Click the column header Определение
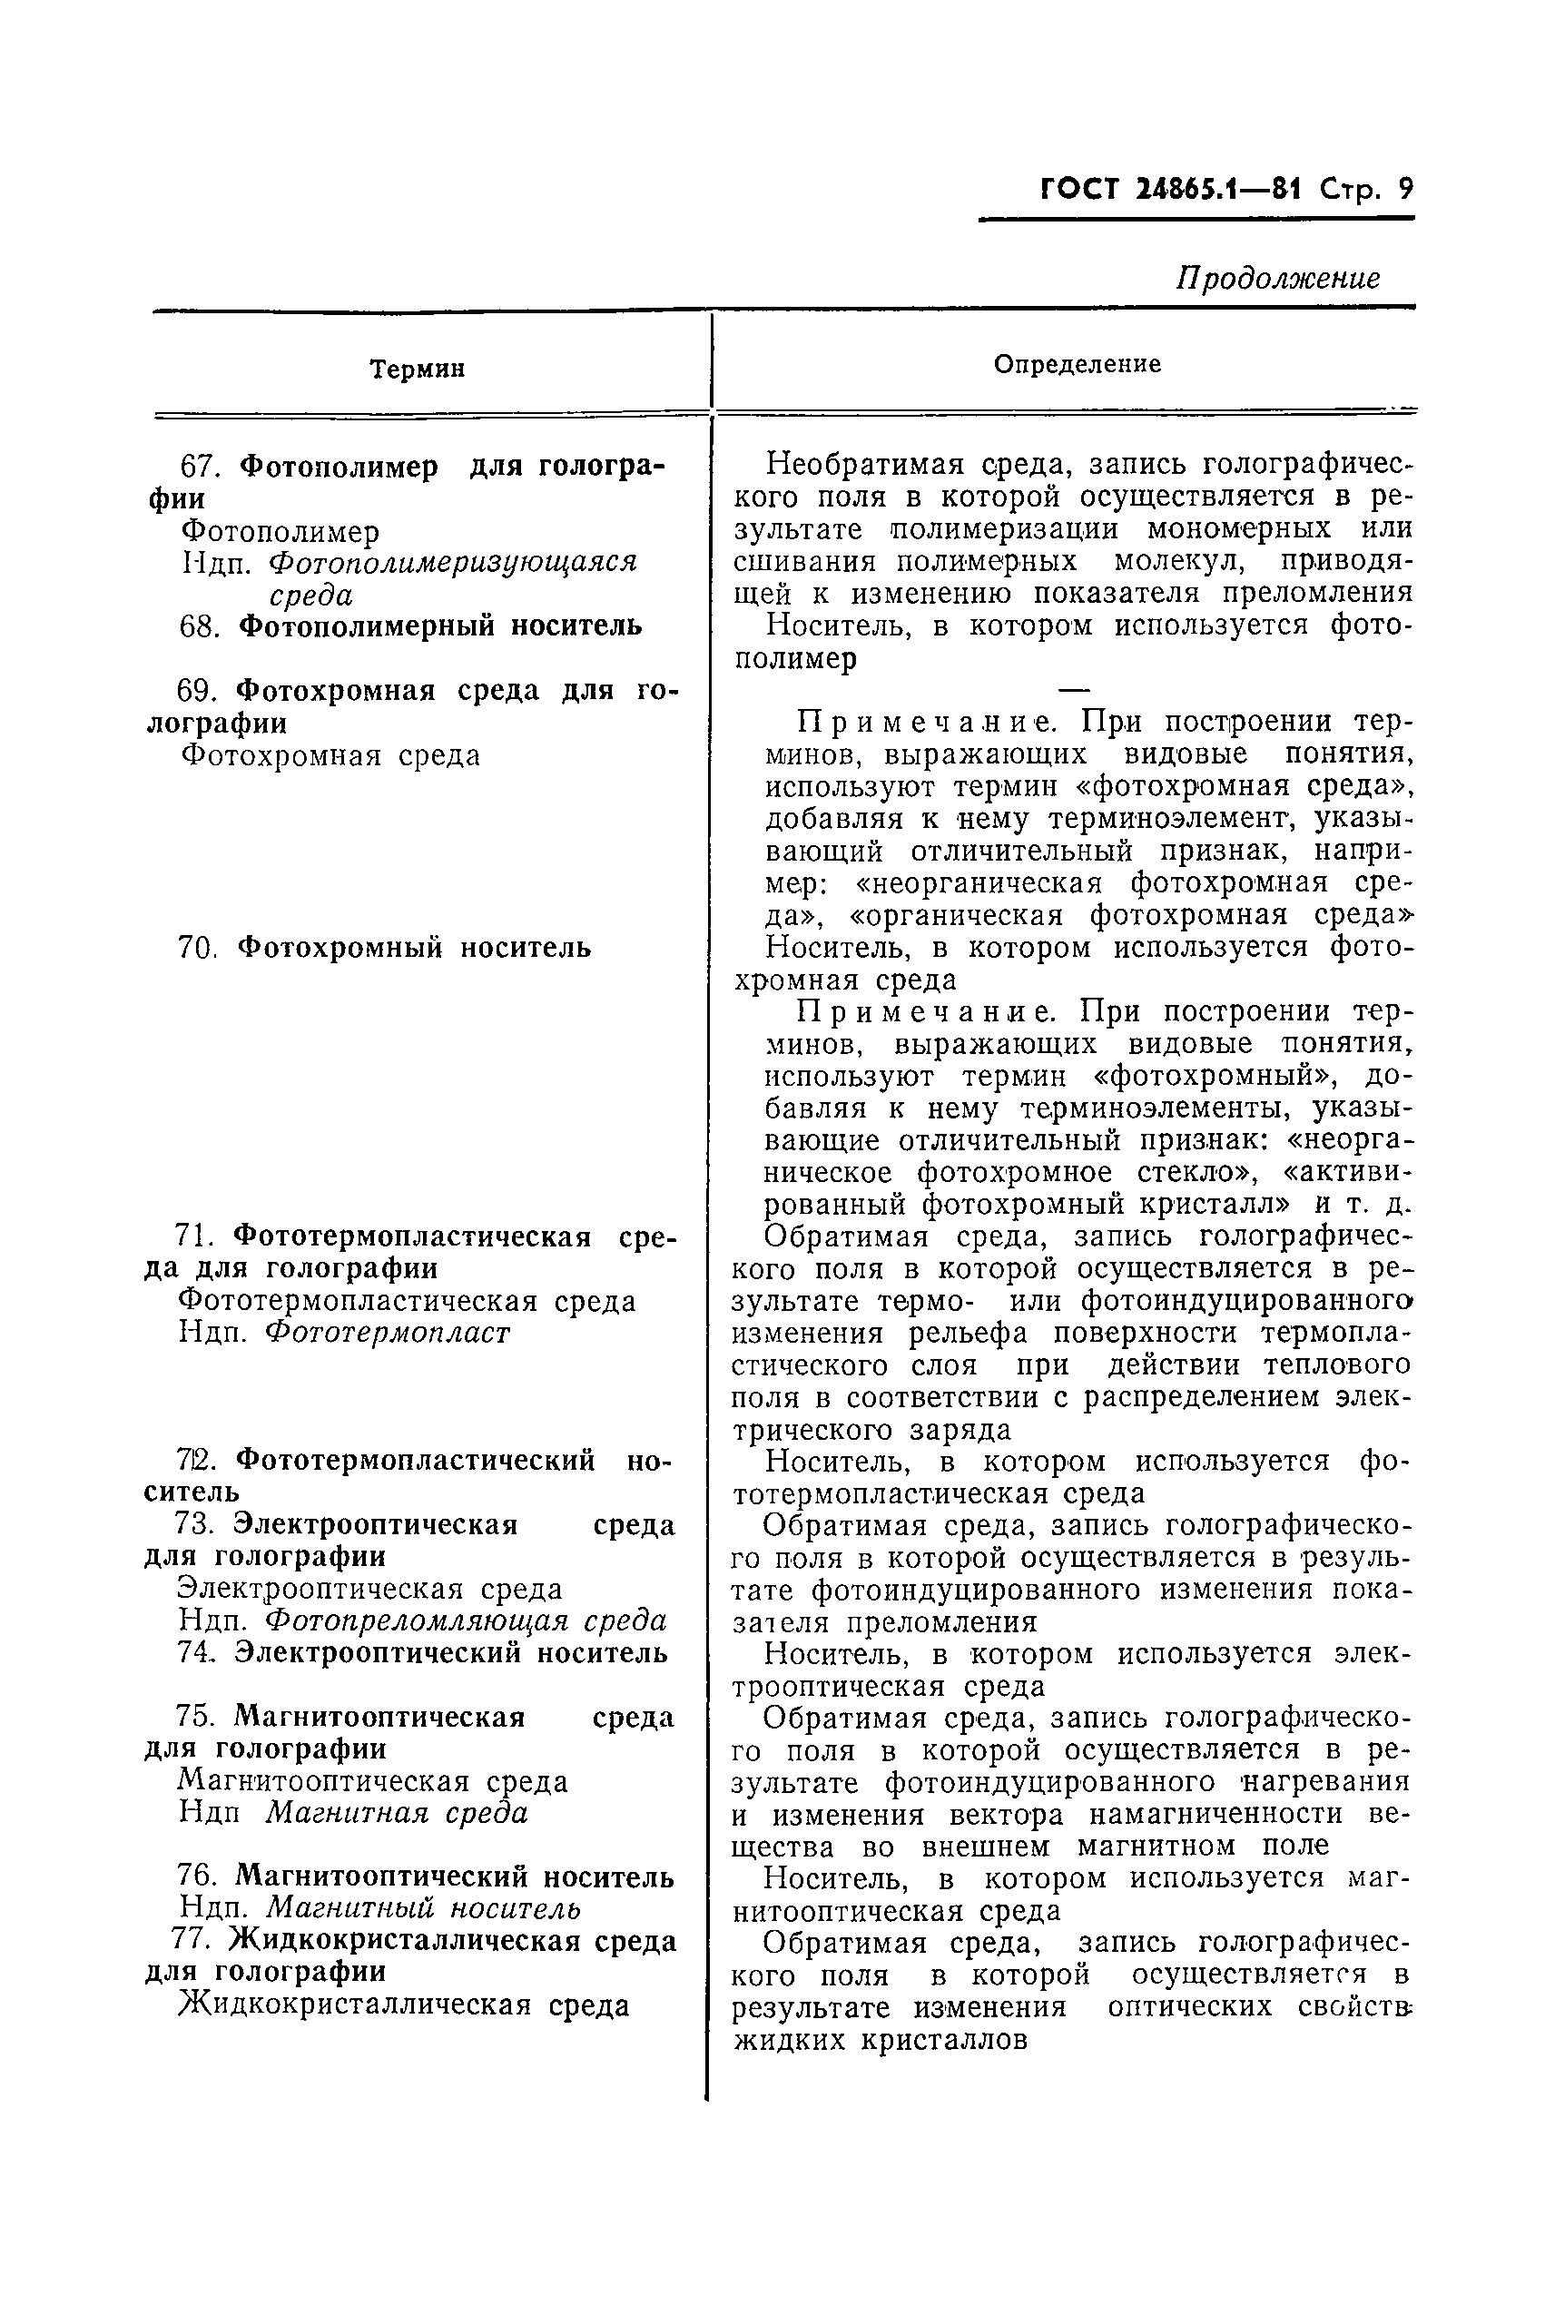point(1077,364)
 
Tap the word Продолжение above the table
point(1277,279)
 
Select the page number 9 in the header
point(1404,189)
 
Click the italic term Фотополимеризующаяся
point(453,562)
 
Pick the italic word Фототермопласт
point(387,1333)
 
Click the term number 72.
point(197,1461)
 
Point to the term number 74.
point(196,1652)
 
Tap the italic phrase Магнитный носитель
point(423,1908)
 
